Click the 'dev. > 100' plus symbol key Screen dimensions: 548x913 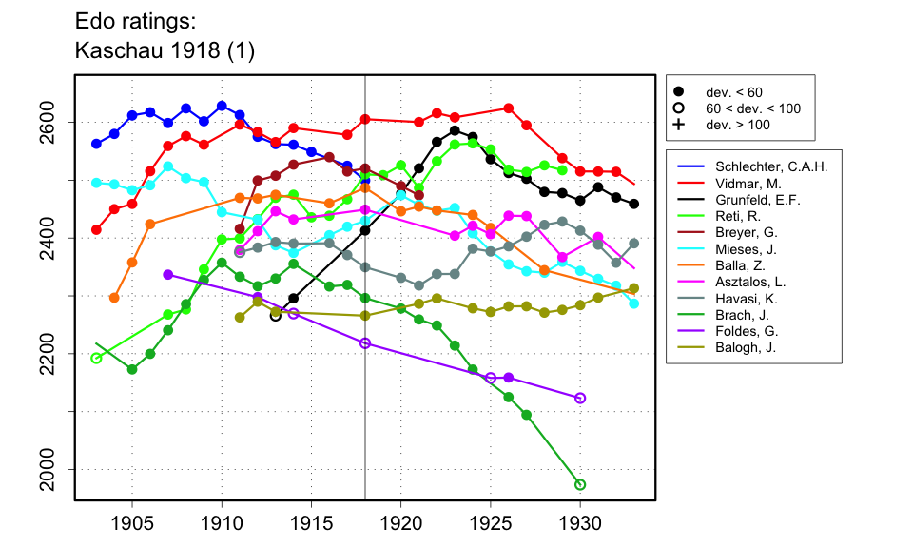point(678,125)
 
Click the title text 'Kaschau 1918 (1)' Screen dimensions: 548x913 point(164,49)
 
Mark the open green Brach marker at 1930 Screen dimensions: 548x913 point(580,485)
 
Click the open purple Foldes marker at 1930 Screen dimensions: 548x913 point(580,398)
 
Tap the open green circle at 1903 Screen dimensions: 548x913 point(96,358)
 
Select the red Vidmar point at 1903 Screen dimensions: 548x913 point(96,229)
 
